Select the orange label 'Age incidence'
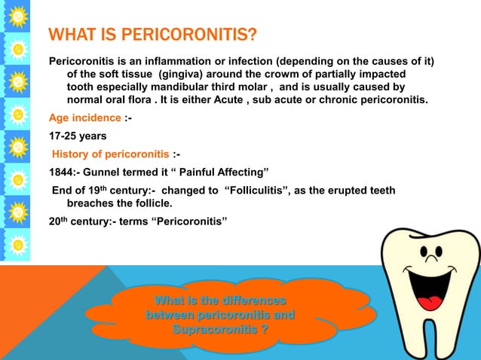point(84,117)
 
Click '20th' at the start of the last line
point(60,221)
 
